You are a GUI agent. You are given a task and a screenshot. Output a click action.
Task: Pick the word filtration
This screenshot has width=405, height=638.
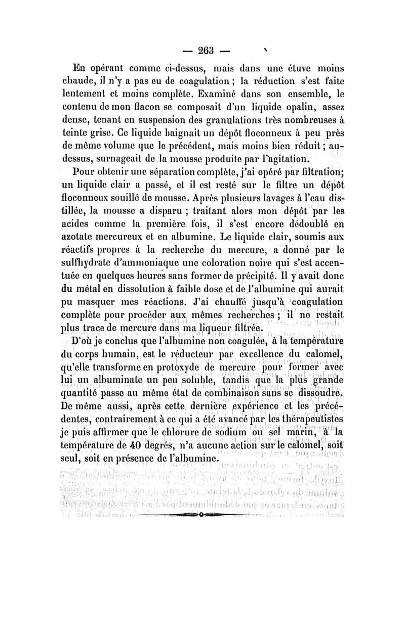310,178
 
